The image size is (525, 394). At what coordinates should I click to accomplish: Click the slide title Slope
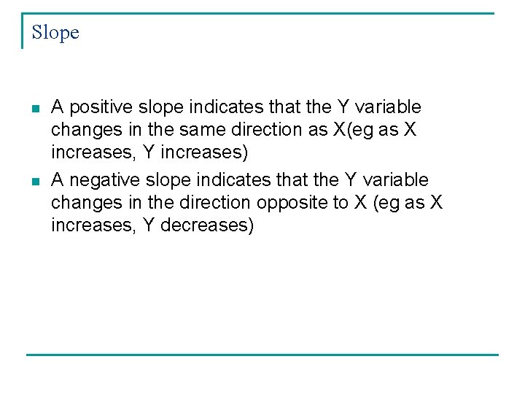(55, 33)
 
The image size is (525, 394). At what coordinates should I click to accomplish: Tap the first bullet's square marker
(34, 109)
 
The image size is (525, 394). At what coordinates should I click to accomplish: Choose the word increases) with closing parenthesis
(207, 152)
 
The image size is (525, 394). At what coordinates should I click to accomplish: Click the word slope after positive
(159, 107)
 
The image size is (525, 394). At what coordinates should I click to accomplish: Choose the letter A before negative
(58, 180)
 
